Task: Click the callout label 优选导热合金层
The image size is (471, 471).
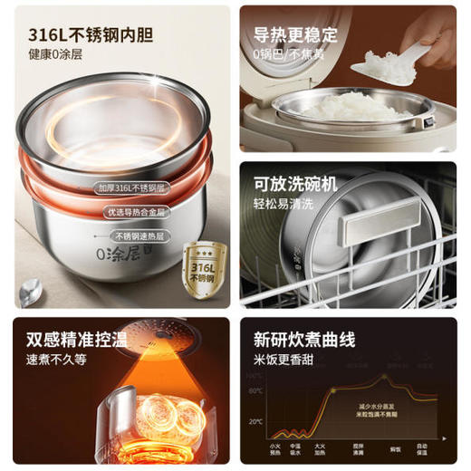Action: coord(132,212)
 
